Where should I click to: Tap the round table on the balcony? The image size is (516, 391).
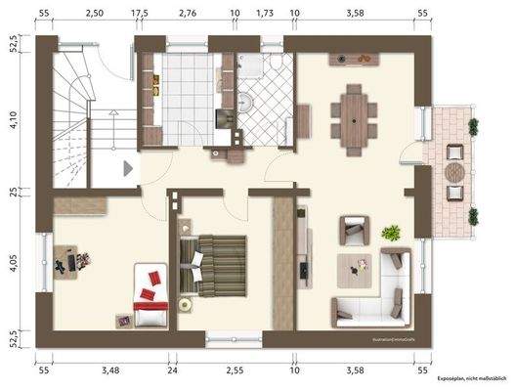pyautogui.click(x=455, y=171)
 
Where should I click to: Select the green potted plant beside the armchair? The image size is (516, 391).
pyautogui.click(x=391, y=233)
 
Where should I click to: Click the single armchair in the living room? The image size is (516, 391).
pyautogui.click(x=354, y=231)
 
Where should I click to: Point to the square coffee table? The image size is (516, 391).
pyautogui.click(x=360, y=265)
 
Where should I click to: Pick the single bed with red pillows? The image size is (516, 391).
pyautogui.click(x=151, y=294)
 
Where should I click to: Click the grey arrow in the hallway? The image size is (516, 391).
pyautogui.click(x=127, y=168)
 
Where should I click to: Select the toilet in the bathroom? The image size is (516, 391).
pyautogui.click(x=278, y=65)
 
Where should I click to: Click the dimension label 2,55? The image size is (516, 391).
pyautogui.click(x=234, y=370)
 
